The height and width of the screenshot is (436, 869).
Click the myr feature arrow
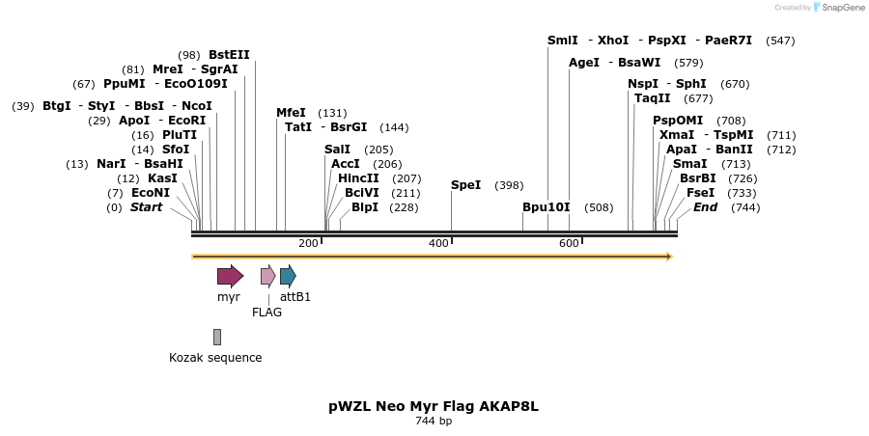(x=230, y=277)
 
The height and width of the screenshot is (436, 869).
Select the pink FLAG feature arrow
(x=267, y=277)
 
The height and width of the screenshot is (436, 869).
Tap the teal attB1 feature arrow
(x=288, y=277)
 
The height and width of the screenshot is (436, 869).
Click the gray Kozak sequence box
(x=217, y=337)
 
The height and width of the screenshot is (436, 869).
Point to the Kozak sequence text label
(x=215, y=358)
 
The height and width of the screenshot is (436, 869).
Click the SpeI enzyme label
(x=465, y=185)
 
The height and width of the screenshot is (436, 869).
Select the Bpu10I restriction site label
(x=547, y=207)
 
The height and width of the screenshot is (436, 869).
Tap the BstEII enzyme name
(x=229, y=55)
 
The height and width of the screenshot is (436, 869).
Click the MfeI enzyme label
(x=291, y=113)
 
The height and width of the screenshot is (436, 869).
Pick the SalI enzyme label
(x=337, y=150)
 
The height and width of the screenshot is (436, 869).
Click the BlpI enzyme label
(x=364, y=207)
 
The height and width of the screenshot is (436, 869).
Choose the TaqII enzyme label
(x=653, y=98)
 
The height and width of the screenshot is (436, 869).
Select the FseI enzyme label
(x=700, y=193)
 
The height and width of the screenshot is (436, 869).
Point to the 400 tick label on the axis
(x=438, y=243)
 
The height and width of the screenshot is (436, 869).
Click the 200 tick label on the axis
(x=308, y=243)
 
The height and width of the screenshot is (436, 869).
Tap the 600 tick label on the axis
(x=569, y=243)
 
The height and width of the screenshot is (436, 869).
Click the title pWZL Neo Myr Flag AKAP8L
(x=434, y=406)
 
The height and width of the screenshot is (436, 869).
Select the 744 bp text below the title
(x=434, y=422)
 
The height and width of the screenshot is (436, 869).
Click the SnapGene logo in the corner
(x=837, y=8)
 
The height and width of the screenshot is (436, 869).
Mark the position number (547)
(x=780, y=41)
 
